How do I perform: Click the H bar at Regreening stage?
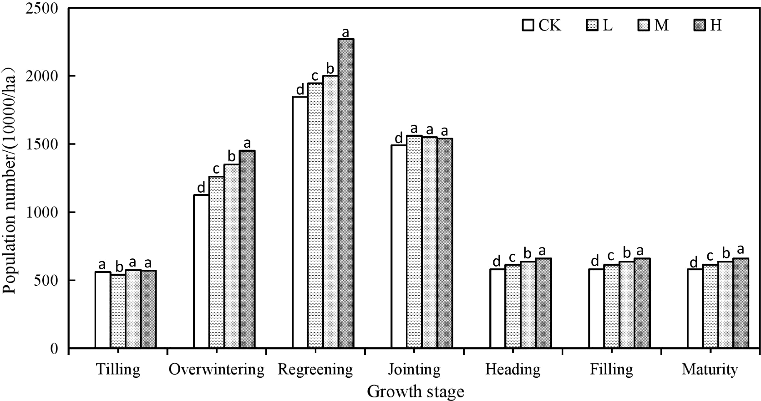point(346,194)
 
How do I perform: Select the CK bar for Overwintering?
point(201,272)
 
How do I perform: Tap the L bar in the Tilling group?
point(118,311)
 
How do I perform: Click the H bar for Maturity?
point(741,303)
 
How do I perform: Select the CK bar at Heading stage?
point(497,308)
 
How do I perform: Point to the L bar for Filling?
point(611,306)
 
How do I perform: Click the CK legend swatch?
point(528,25)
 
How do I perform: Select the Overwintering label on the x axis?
point(217,369)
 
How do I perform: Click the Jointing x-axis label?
point(414,369)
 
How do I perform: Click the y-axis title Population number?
point(10,180)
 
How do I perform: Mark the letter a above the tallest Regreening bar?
point(345,32)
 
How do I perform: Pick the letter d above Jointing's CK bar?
point(399,138)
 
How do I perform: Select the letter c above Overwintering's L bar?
point(216,170)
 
